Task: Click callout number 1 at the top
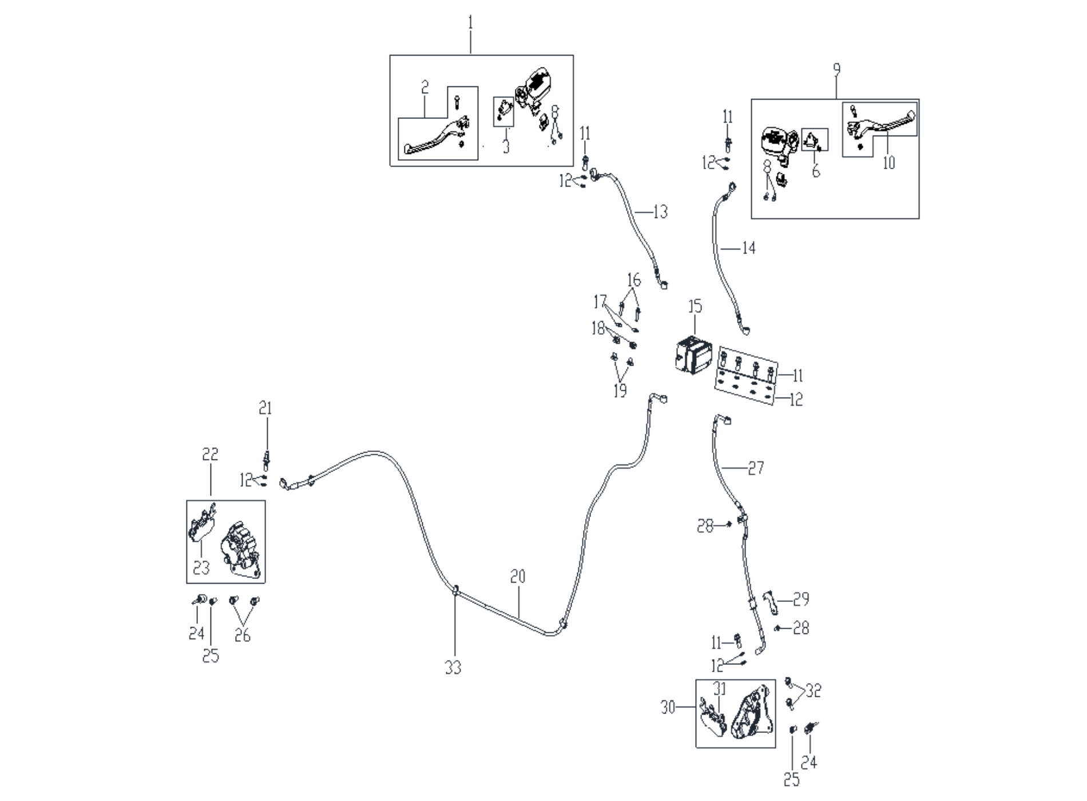point(471,23)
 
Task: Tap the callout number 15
point(695,307)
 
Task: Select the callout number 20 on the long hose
point(518,577)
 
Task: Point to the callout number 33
point(453,667)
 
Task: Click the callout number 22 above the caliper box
point(210,455)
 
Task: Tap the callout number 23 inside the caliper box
point(201,568)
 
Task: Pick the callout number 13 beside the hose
point(660,212)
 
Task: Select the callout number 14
point(748,248)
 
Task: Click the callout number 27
point(756,469)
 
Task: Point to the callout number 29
point(801,599)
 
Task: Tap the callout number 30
point(668,708)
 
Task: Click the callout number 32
point(813,691)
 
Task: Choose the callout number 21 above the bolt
point(265,409)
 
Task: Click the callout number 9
point(836,70)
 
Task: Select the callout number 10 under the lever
point(888,164)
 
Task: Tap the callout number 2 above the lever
point(425,88)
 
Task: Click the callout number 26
point(243,636)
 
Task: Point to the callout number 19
point(620,391)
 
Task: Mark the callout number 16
point(634,280)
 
